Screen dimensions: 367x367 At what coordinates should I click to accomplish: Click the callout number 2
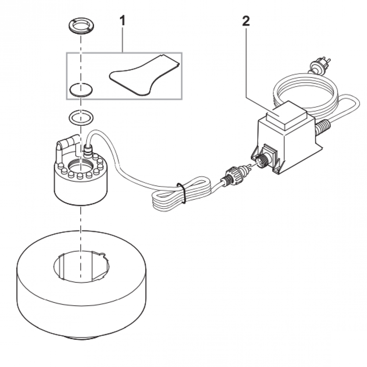point(246,21)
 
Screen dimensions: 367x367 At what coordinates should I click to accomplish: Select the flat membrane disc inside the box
point(81,89)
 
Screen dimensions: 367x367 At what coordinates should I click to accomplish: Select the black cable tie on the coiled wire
point(182,193)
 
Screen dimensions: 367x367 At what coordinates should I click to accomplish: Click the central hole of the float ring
point(81,266)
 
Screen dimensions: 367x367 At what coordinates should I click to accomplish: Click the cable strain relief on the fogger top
point(87,151)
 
